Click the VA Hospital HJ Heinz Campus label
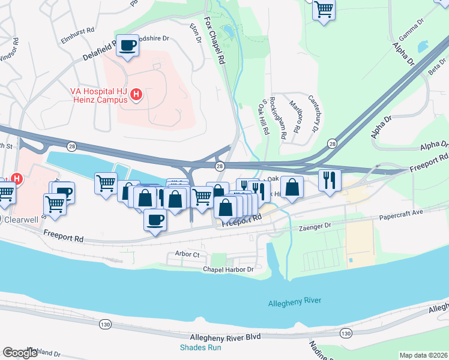pyautogui.click(x=99, y=95)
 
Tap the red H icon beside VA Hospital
pyautogui.click(x=137, y=95)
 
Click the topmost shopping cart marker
pyautogui.click(x=324, y=8)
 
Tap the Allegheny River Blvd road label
pyautogui.click(x=224, y=337)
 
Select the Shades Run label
pyautogui.click(x=200, y=347)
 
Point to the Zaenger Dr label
pyautogui.click(x=310, y=227)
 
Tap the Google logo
pyautogui.click(x=20, y=353)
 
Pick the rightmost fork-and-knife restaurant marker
pyautogui.click(x=330, y=180)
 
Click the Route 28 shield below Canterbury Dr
pyautogui.click(x=332, y=143)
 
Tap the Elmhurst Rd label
pyautogui.click(x=78, y=29)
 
